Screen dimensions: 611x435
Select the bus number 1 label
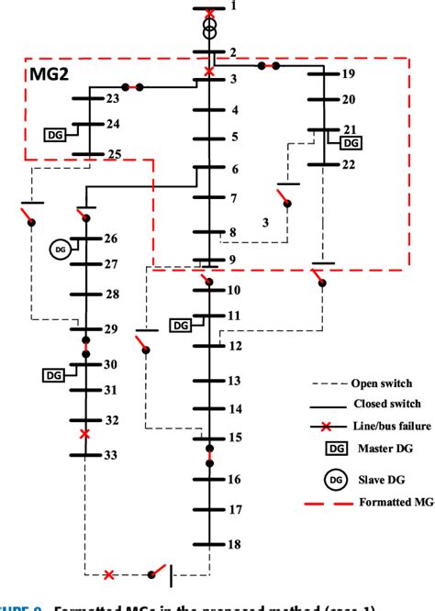[x=233, y=7]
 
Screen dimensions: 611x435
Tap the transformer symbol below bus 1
[x=210, y=31]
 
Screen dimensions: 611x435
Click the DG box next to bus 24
[x=54, y=135]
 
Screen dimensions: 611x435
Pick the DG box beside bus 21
[x=350, y=143]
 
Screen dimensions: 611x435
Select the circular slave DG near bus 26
[x=60, y=248]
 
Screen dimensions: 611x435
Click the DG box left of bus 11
[x=181, y=325]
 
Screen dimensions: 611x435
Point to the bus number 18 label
[x=235, y=544]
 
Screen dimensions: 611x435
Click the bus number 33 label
[x=110, y=455]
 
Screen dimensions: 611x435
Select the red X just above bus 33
[x=85, y=433]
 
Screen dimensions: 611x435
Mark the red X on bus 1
[x=210, y=13]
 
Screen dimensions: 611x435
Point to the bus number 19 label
[x=347, y=73]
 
